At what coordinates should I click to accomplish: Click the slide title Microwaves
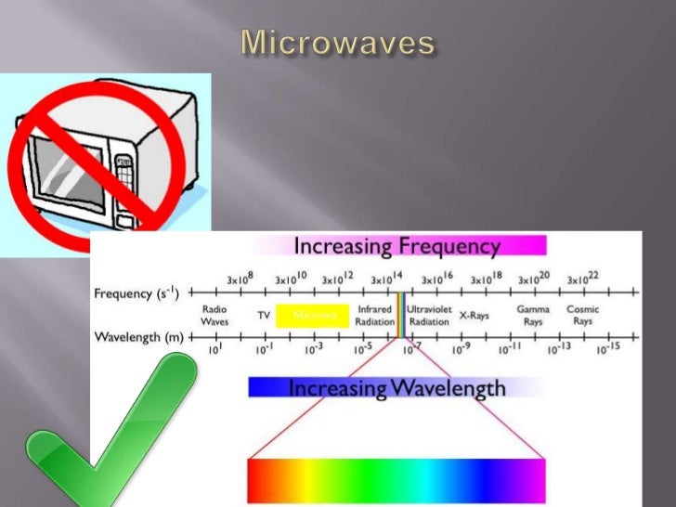(x=338, y=42)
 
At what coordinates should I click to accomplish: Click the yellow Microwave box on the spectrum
(x=313, y=315)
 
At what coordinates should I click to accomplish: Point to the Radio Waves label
(x=214, y=315)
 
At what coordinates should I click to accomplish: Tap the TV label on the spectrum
(x=264, y=316)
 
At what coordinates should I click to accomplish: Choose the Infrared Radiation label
(x=375, y=315)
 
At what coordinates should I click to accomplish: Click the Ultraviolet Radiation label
(x=429, y=315)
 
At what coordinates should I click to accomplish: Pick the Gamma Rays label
(x=533, y=315)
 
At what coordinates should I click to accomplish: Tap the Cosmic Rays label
(x=582, y=315)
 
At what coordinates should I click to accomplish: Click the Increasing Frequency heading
(x=397, y=246)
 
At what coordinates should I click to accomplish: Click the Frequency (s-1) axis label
(x=136, y=293)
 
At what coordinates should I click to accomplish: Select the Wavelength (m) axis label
(x=139, y=336)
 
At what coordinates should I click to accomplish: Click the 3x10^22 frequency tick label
(x=584, y=278)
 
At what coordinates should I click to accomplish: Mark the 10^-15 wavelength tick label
(x=609, y=348)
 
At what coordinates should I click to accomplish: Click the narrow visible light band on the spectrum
(x=400, y=315)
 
